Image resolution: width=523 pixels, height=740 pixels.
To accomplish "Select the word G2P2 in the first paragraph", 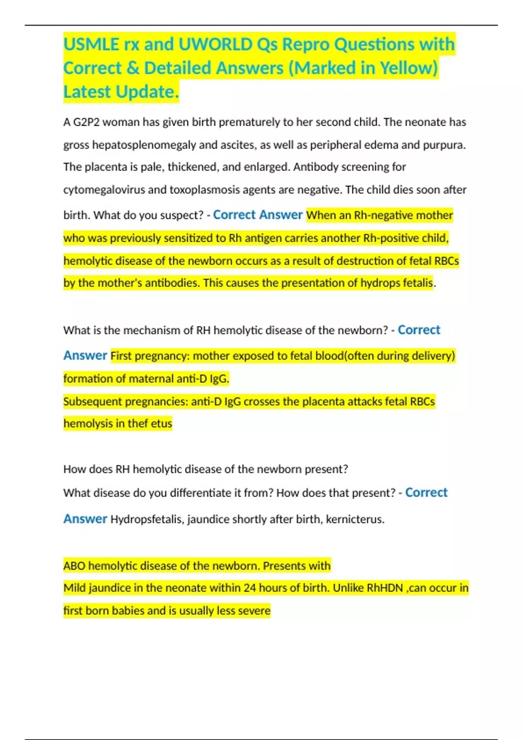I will pos(86,122).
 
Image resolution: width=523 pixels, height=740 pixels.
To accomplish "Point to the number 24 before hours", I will pos(250,588).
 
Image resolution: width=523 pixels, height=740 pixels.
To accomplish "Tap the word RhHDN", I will pos(385,588).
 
